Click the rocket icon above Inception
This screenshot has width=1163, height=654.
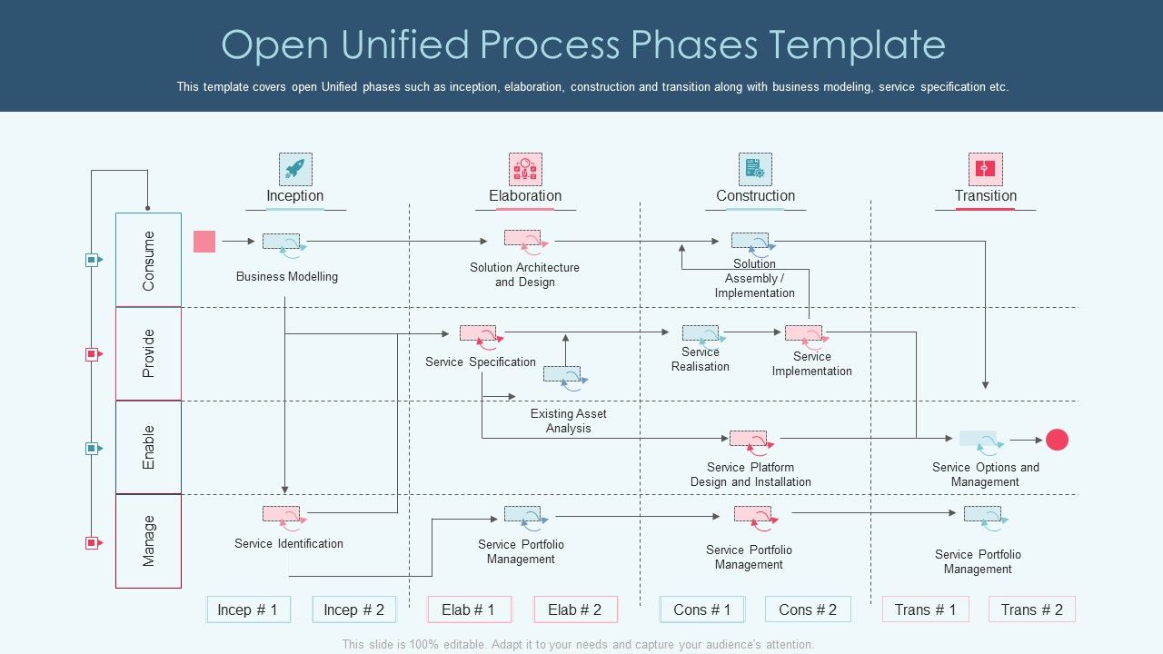pyautogui.click(x=295, y=169)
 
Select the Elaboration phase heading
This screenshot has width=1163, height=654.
pyautogui.click(x=525, y=195)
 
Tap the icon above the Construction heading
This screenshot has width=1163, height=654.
pyautogui.click(x=755, y=169)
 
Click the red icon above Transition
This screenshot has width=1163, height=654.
pyautogui.click(x=985, y=169)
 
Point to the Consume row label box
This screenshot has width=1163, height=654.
pyautogui.click(x=148, y=260)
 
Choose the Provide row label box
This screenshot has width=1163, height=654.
pyautogui.click(x=148, y=353)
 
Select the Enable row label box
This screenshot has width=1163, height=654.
pyautogui.click(x=148, y=447)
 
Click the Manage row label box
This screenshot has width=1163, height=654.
pyautogui.click(x=148, y=540)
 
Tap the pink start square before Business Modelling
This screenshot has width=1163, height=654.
pyautogui.click(x=204, y=241)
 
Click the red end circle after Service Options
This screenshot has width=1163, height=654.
pyautogui.click(x=1057, y=440)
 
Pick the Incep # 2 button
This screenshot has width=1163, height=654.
pyautogui.click(x=354, y=609)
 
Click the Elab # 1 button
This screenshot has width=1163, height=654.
pyautogui.click(x=469, y=609)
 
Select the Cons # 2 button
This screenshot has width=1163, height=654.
pyautogui.click(x=808, y=609)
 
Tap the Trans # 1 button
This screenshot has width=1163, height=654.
pyautogui.click(x=925, y=609)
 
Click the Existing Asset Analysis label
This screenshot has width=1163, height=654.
pyautogui.click(x=569, y=421)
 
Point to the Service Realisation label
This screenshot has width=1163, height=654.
pyautogui.click(x=701, y=359)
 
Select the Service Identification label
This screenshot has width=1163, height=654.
pyautogui.click(x=289, y=543)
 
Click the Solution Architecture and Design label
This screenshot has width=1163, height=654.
pyautogui.click(x=524, y=274)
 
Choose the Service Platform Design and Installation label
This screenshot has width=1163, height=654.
pyautogui.click(x=750, y=474)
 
